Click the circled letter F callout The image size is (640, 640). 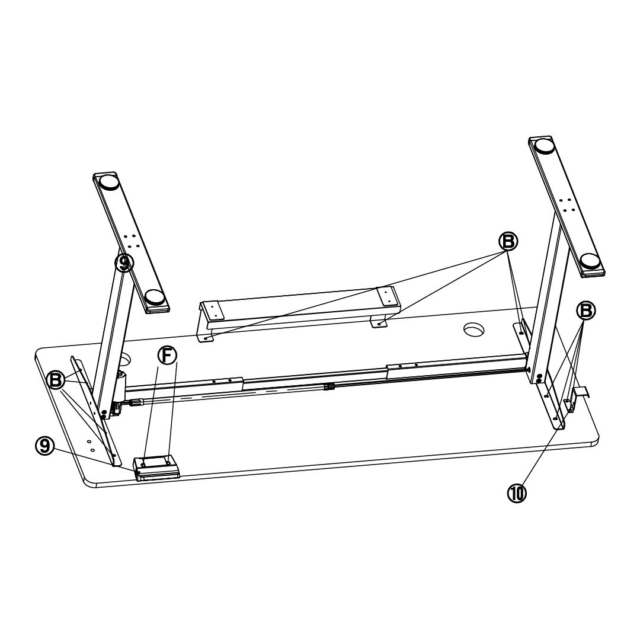coord(167,356)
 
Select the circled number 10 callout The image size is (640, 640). coord(517,494)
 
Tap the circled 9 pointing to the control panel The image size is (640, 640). coord(45,446)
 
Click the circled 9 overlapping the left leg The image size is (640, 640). coord(124,263)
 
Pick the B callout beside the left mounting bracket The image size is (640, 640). coord(56,380)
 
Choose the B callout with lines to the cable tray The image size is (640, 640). coord(508,242)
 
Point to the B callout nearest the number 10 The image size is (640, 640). coord(585,311)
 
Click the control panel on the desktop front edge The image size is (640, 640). coord(156,468)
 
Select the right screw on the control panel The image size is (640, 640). coord(168,463)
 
